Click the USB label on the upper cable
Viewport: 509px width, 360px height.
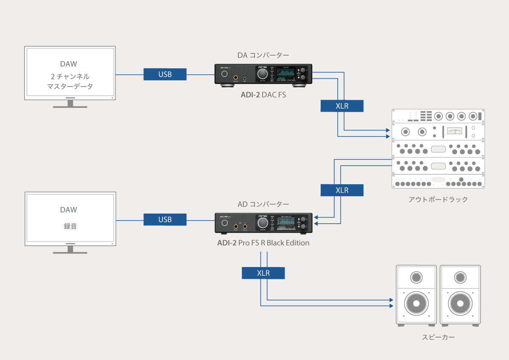click(x=165, y=74)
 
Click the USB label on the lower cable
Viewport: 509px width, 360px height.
click(x=165, y=219)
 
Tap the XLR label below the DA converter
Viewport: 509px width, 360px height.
click(x=342, y=106)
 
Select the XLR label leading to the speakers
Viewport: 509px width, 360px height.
click(x=263, y=273)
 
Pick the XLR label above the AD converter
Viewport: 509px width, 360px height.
click(x=342, y=190)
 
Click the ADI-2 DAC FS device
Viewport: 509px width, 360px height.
click(x=263, y=75)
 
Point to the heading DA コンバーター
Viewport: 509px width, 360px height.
click(x=263, y=55)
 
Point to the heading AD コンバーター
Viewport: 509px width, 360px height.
click(x=263, y=204)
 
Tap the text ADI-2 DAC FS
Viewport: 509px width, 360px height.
click(x=263, y=95)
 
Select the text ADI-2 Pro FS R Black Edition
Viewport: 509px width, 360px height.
click(x=263, y=243)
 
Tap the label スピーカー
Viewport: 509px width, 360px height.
click(x=438, y=337)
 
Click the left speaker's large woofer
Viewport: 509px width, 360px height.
click(x=416, y=304)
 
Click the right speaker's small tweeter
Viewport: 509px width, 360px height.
click(x=460, y=278)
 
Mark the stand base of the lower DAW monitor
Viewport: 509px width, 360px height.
click(x=70, y=252)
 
